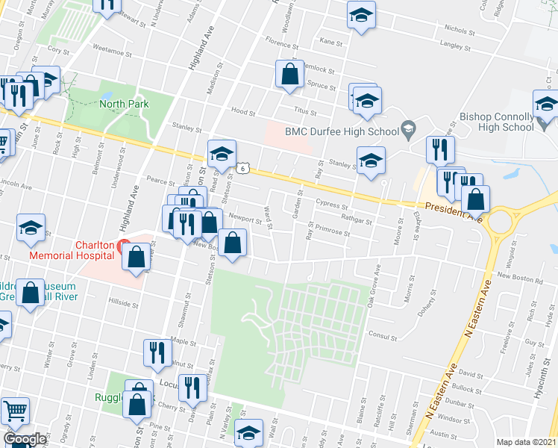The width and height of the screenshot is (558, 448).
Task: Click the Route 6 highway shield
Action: (244, 169)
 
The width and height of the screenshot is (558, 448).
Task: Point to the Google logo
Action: (25, 439)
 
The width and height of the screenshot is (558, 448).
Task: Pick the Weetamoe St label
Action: (110, 54)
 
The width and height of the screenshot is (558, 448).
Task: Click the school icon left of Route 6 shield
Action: (222, 155)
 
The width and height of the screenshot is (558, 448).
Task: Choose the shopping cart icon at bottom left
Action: (14, 411)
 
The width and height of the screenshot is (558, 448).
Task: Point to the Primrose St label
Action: (333, 232)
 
